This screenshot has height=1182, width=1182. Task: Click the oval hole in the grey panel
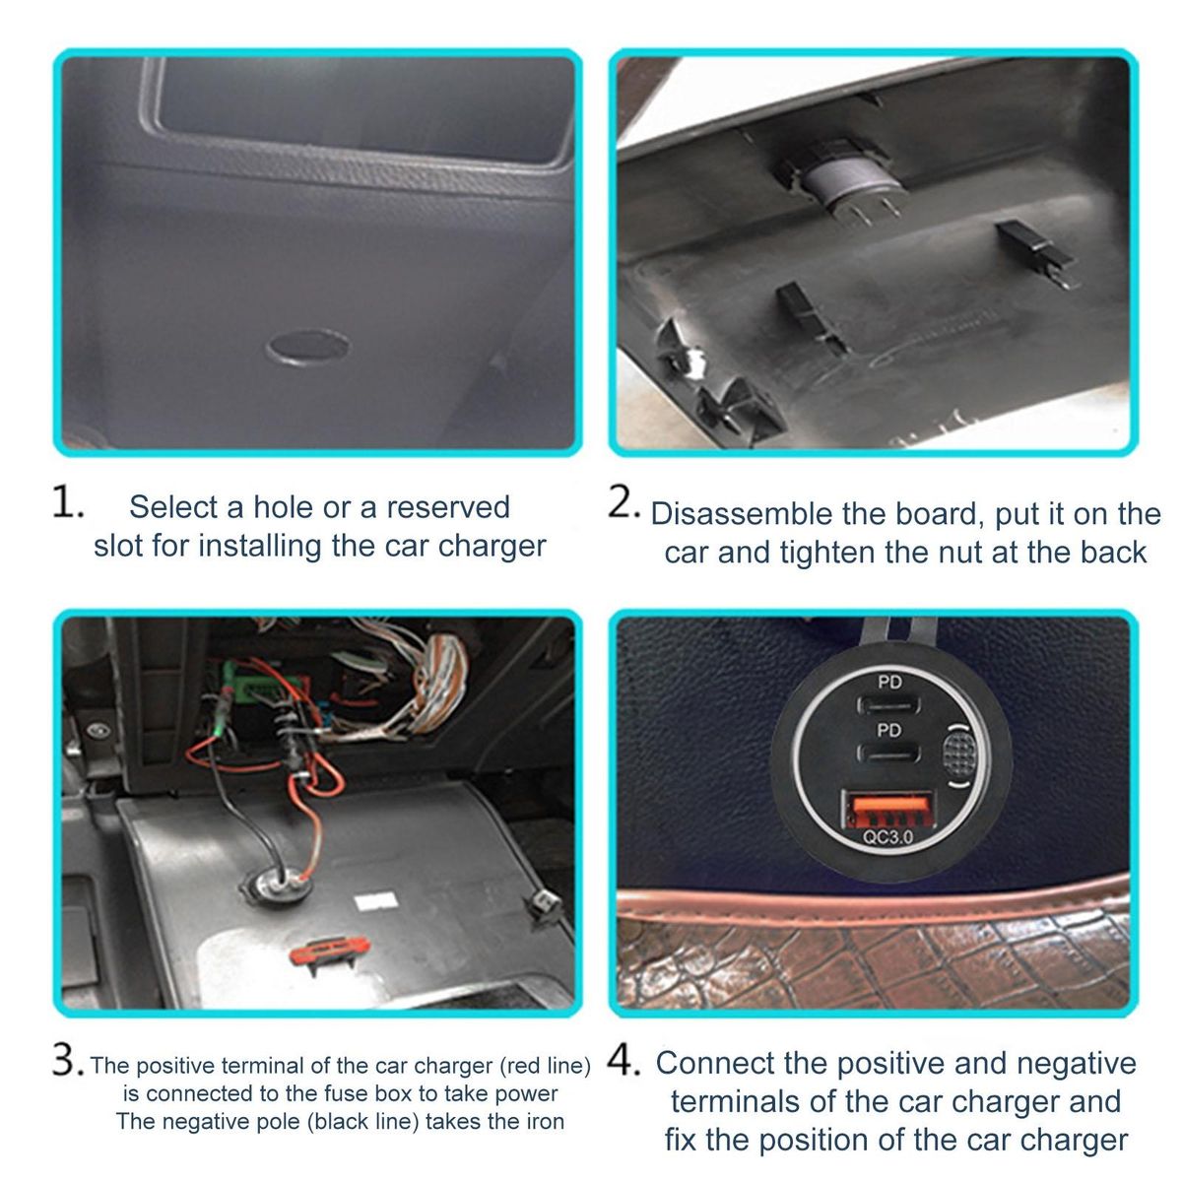point(308,347)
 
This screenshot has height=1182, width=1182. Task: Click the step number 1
point(68,503)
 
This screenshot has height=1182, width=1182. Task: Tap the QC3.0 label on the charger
point(888,837)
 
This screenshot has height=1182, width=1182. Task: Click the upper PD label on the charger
point(888,682)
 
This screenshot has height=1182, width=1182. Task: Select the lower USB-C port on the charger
point(888,752)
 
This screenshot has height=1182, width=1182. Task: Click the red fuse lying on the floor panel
point(330,949)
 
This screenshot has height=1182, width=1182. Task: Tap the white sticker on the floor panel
point(376,901)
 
